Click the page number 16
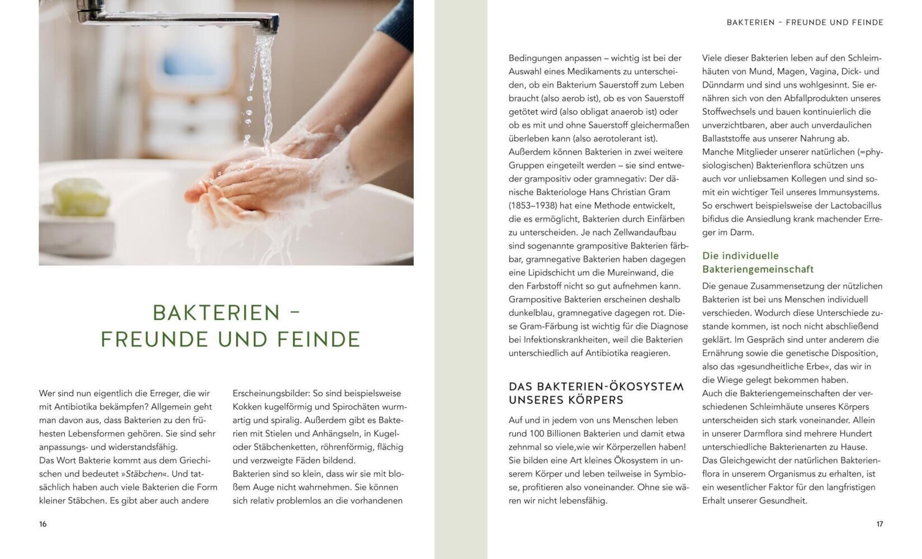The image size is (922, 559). click(43, 524)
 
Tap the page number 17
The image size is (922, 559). click(880, 524)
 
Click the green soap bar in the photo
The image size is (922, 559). click(82, 197)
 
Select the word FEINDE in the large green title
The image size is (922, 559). click(319, 340)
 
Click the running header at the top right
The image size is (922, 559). click(805, 22)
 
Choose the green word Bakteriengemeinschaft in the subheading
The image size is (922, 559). click(758, 269)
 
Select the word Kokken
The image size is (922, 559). click(247, 407)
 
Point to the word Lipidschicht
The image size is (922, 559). click(553, 272)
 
